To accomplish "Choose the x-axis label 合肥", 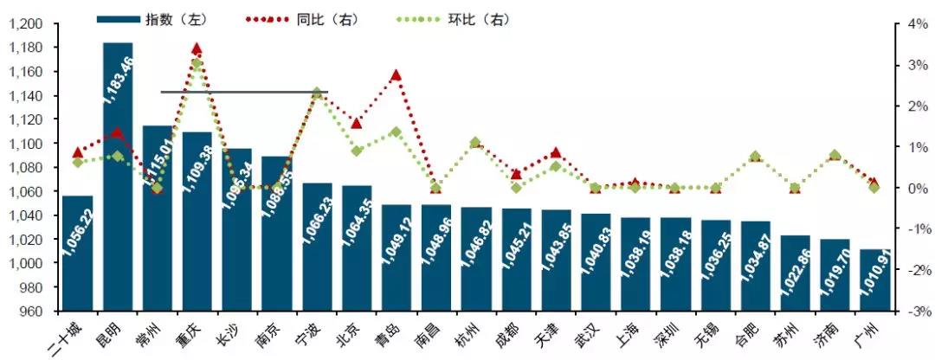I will click(x=746, y=331).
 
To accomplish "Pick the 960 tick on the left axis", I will click(x=32, y=311).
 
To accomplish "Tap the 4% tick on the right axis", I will click(x=917, y=24).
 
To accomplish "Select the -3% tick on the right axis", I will click(x=916, y=311).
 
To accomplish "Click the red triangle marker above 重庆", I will click(x=197, y=49).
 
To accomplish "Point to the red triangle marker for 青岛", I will click(x=397, y=75).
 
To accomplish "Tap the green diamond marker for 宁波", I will click(x=317, y=93).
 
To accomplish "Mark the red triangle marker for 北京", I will click(x=357, y=123).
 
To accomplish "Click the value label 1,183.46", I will click(x=119, y=78).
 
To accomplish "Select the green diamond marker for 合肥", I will click(x=756, y=157).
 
